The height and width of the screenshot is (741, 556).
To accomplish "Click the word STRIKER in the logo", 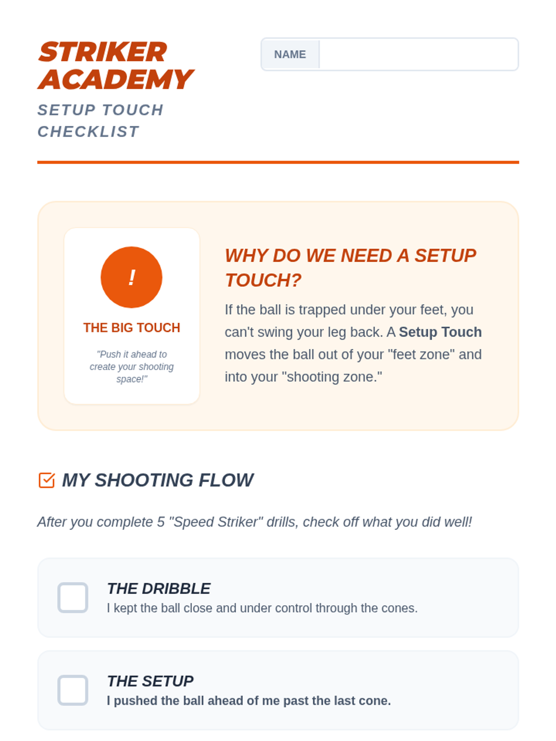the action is (x=102, y=52).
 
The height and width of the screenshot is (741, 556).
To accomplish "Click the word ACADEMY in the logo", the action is (x=115, y=79).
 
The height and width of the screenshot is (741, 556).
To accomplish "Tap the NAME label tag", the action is (x=290, y=54).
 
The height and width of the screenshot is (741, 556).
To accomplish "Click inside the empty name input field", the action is (x=418, y=54).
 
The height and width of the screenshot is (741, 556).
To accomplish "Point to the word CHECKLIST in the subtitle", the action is (x=88, y=132).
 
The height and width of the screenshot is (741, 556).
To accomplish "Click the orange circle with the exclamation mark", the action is (x=131, y=277).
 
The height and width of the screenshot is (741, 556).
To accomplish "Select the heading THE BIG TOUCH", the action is (x=132, y=327).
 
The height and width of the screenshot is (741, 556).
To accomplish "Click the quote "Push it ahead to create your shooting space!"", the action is (x=132, y=366).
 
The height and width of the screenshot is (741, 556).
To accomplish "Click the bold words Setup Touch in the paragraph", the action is (x=440, y=332).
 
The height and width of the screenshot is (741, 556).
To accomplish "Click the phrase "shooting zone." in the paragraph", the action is (x=334, y=377).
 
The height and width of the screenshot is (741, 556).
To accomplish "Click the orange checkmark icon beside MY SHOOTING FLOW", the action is (x=47, y=480).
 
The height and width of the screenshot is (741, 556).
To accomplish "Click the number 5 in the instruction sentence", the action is (x=161, y=522).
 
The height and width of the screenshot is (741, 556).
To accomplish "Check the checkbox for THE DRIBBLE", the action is (x=73, y=597).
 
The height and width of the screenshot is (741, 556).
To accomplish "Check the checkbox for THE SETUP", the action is (x=73, y=690).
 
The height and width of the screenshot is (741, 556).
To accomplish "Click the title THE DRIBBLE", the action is (x=158, y=589).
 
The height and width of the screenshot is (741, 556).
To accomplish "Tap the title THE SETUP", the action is (x=150, y=681).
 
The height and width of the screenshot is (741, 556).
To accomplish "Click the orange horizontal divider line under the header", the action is (x=278, y=162).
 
